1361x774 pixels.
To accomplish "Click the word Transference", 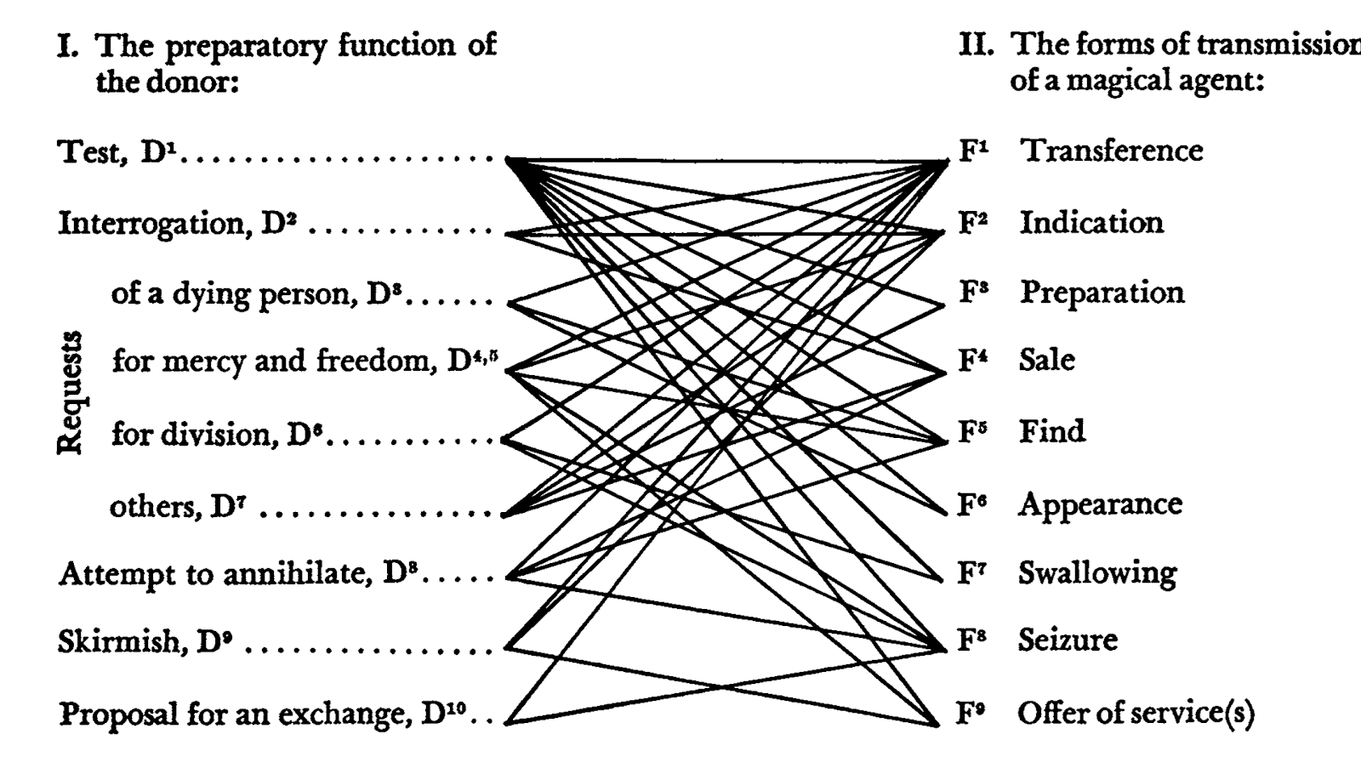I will [x=1111, y=151].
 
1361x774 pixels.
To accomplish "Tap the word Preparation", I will [x=1102, y=293].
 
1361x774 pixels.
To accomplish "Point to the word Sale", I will [x=1046, y=360].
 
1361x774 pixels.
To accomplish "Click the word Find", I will [x=1052, y=431].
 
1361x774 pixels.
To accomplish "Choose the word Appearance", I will [x=1100, y=504].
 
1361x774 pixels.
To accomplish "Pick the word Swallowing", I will [x=1097, y=573].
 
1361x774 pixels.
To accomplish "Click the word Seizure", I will [x=1068, y=640].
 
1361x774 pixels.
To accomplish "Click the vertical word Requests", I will [x=70, y=392].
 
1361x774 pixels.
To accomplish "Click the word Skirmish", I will [x=119, y=640].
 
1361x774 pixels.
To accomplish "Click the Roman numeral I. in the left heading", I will [x=68, y=45].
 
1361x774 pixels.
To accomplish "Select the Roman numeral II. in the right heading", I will [x=976, y=43].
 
